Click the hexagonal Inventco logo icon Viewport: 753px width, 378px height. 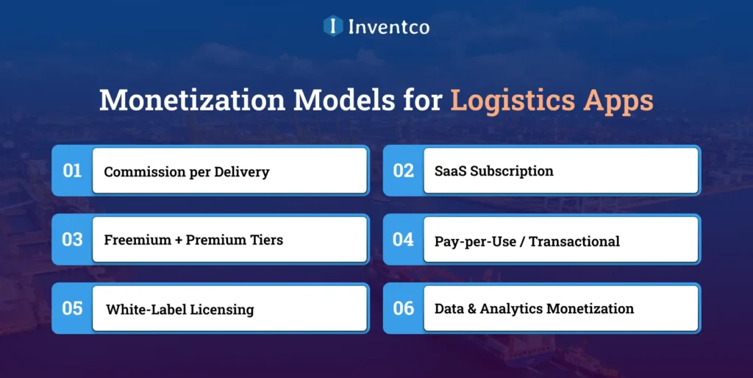point(333,26)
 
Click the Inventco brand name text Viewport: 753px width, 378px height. point(388,27)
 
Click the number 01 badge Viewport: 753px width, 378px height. point(72,171)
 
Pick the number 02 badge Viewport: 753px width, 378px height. point(403,171)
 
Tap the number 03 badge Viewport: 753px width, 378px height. point(72,239)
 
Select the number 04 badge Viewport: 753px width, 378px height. point(403,239)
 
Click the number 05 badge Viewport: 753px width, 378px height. point(72,308)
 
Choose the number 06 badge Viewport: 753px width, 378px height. point(403,308)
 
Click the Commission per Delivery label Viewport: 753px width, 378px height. point(187,172)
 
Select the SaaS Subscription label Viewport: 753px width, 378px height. point(493,171)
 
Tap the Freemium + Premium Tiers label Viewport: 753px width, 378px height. point(193,240)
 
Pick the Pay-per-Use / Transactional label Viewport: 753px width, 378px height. point(527,241)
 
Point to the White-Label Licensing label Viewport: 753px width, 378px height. point(179,310)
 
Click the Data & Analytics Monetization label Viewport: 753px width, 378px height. point(534,309)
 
